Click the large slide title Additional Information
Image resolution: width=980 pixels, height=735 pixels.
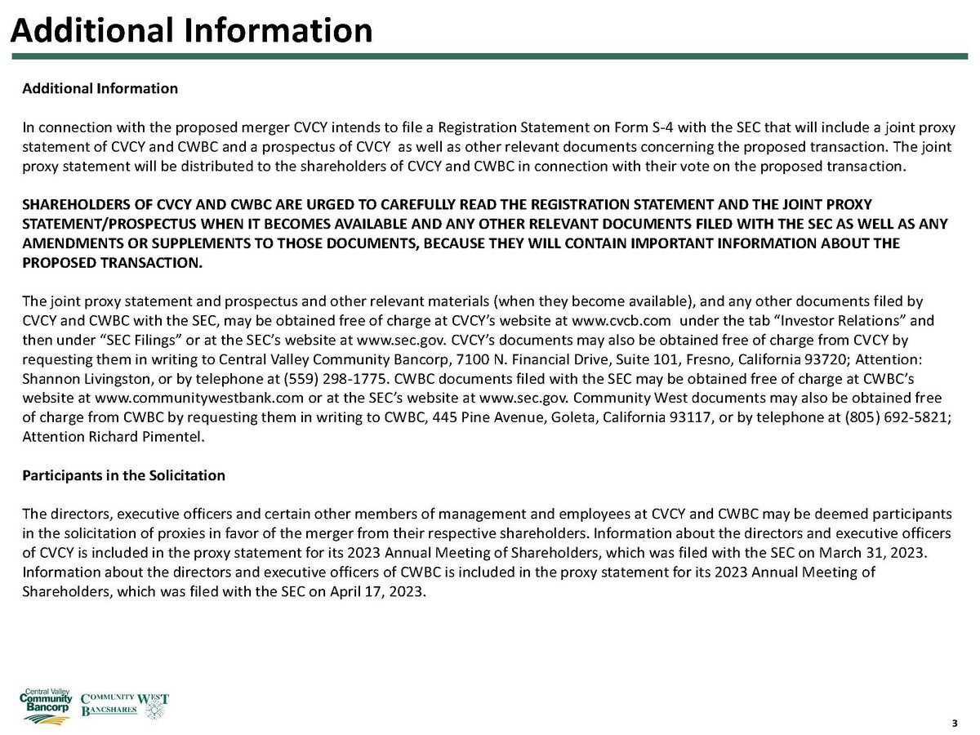(x=191, y=30)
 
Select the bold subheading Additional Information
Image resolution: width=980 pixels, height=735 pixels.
(x=100, y=88)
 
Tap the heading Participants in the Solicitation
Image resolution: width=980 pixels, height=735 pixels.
(x=123, y=475)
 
